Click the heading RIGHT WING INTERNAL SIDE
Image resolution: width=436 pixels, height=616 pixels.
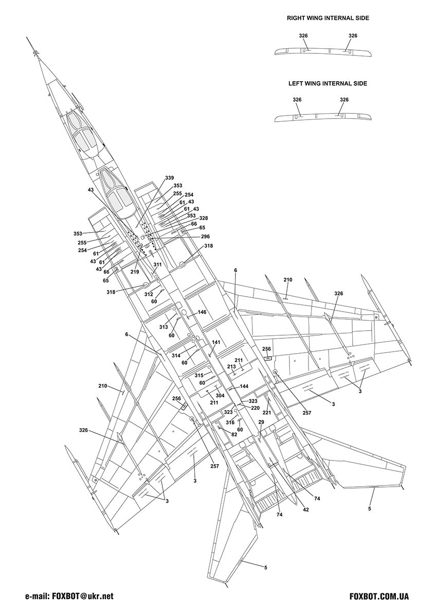pyautogui.click(x=328, y=18)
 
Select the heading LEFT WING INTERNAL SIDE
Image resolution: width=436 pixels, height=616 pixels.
pyautogui.click(x=328, y=83)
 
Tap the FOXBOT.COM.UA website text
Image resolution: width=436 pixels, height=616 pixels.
pyautogui.click(x=379, y=596)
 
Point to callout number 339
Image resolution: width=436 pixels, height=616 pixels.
pyautogui.click(x=169, y=178)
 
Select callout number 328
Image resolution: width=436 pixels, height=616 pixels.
pyautogui.click(x=204, y=218)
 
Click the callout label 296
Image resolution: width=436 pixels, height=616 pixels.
pyautogui.click(x=205, y=237)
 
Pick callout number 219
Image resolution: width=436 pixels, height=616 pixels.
pyautogui.click(x=135, y=272)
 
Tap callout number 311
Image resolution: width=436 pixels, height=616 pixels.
pyautogui.click(x=157, y=264)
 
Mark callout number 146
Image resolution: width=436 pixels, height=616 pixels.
pyautogui.click(x=202, y=312)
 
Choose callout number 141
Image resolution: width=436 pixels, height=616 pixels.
pyautogui.click(x=216, y=342)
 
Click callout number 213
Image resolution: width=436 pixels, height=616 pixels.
pyautogui.click(x=231, y=367)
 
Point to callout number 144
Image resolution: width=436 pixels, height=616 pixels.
pyautogui.click(x=244, y=387)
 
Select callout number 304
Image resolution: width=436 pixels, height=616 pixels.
pyautogui.click(x=220, y=396)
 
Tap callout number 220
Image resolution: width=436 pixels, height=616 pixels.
pyautogui.click(x=255, y=408)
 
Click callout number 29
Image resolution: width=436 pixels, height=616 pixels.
pyautogui.click(x=261, y=422)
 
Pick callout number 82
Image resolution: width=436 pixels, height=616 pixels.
pyautogui.click(x=234, y=435)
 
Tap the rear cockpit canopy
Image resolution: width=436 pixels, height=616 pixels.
pyautogui.click(x=117, y=194)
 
